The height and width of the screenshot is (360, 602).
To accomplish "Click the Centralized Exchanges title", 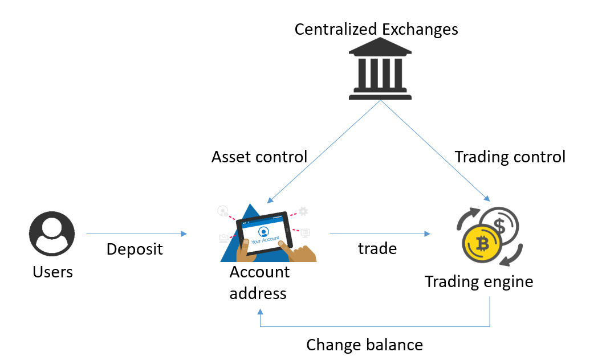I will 376,29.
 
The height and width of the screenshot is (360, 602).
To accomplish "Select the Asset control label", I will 259,157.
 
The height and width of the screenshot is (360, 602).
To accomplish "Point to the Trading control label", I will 510,157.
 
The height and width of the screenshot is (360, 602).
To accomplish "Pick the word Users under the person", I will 52,272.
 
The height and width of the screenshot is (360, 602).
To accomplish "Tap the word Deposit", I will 135,249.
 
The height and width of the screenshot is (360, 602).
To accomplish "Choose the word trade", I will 377,248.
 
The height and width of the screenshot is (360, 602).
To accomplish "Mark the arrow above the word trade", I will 379,234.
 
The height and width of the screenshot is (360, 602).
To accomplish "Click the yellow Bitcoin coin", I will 482,244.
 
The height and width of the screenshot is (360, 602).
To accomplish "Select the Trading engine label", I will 479,281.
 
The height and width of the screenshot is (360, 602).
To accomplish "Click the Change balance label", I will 364,345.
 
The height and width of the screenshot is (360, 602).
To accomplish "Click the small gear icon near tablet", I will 303,211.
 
